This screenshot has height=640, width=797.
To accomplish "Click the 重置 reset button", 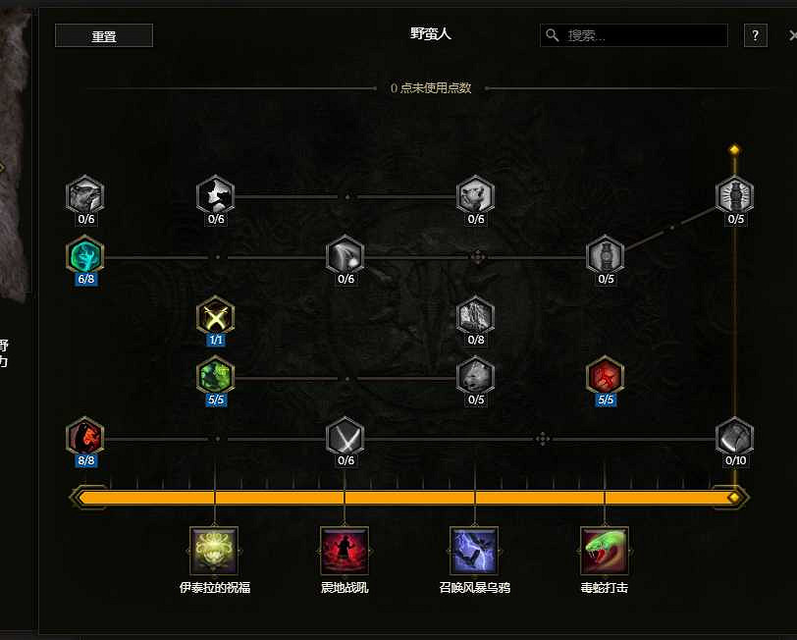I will pyautogui.click(x=103, y=36).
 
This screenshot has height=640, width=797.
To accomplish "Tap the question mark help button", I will pyautogui.click(x=755, y=35).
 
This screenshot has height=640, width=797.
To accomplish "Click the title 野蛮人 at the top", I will pyautogui.click(x=430, y=33).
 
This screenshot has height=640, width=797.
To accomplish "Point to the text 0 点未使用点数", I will pyautogui.click(x=431, y=88).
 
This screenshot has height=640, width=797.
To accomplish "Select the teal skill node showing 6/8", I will pyautogui.click(x=85, y=256).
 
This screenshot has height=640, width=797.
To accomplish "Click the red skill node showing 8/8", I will pyautogui.click(x=85, y=436).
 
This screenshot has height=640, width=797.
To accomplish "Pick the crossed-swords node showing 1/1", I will pyautogui.click(x=215, y=316).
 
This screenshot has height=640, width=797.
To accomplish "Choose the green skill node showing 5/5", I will pyautogui.click(x=215, y=375).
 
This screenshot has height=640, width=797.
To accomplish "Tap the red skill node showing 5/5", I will pyautogui.click(x=605, y=375).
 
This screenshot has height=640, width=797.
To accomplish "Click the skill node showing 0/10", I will pyautogui.click(x=734, y=436).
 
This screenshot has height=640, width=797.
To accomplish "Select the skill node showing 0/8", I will pyautogui.click(x=476, y=316).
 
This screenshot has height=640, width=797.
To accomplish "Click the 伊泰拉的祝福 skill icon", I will pyautogui.click(x=214, y=551).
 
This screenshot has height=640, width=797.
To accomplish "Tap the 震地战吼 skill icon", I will pyautogui.click(x=345, y=551).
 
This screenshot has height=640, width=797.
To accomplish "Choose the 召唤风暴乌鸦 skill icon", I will pyautogui.click(x=475, y=551).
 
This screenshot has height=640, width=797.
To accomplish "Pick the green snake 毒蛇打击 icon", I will pyautogui.click(x=605, y=551).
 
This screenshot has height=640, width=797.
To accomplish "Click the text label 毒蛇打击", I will pyautogui.click(x=605, y=588).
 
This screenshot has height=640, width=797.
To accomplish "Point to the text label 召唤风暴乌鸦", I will pyautogui.click(x=475, y=588).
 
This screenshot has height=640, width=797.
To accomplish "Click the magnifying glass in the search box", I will pyautogui.click(x=554, y=35).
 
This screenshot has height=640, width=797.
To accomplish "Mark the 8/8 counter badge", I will pyautogui.click(x=85, y=460).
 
